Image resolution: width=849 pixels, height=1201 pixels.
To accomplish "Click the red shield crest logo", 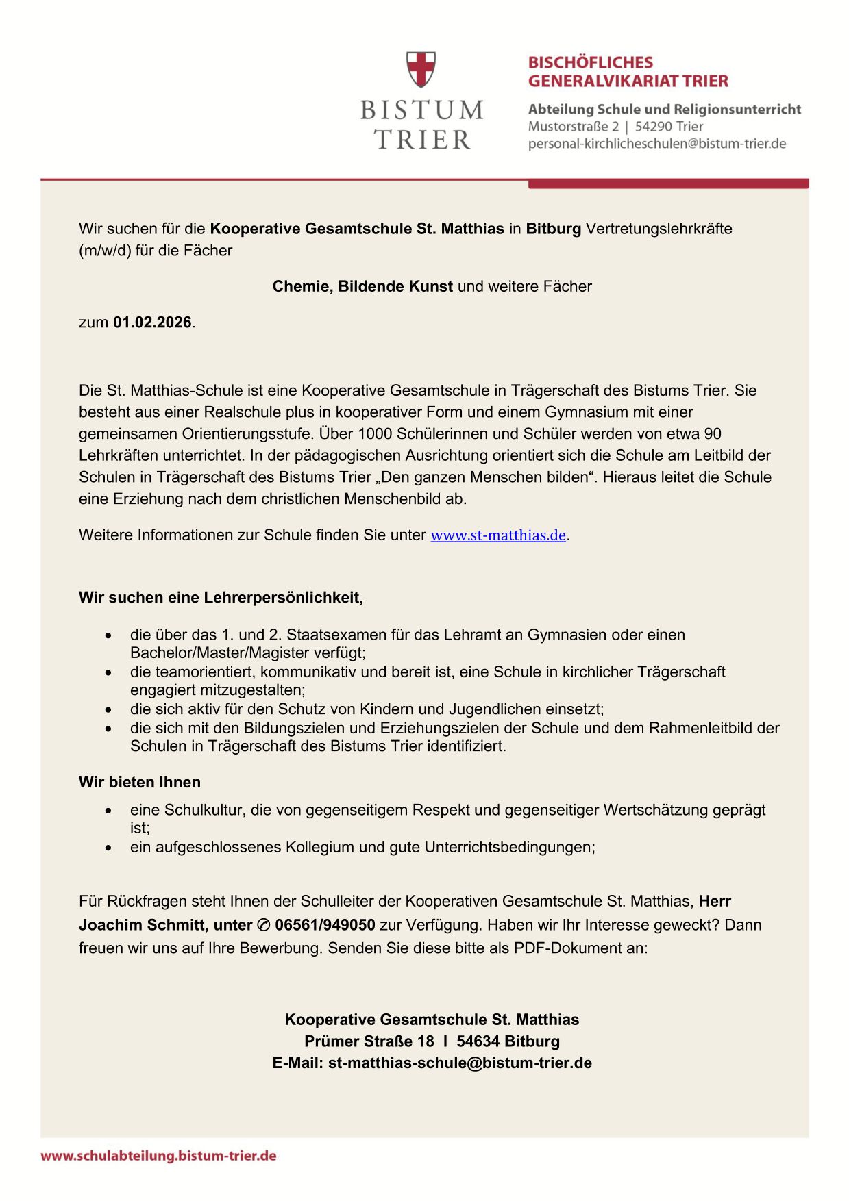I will [x=421, y=69].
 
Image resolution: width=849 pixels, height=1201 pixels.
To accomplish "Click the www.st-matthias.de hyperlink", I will [x=498, y=535].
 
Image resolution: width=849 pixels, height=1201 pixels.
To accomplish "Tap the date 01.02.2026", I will [x=152, y=323].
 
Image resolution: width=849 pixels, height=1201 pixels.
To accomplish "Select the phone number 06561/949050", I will [x=325, y=925].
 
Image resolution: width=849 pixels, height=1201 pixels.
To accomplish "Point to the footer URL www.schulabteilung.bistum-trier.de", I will [x=158, y=1156].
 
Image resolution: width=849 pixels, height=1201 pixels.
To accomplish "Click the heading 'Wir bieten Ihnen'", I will [x=140, y=782].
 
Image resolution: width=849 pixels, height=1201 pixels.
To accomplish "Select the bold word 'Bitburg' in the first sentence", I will [x=553, y=229].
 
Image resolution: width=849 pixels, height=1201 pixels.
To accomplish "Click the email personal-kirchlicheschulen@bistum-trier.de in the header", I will [x=656, y=144].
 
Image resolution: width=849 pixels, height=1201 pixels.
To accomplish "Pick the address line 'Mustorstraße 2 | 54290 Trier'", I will [x=615, y=127].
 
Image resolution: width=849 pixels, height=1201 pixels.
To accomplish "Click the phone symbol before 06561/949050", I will [x=264, y=926].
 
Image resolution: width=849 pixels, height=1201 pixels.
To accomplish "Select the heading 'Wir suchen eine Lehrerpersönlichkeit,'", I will [x=221, y=597].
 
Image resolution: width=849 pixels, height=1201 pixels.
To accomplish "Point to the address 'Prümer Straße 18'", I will [x=369, y=1041].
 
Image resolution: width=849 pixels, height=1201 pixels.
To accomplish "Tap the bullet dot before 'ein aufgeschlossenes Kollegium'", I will [x=108, y=848].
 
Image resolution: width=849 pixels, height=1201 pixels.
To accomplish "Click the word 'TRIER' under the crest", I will [x=422, y=140].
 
